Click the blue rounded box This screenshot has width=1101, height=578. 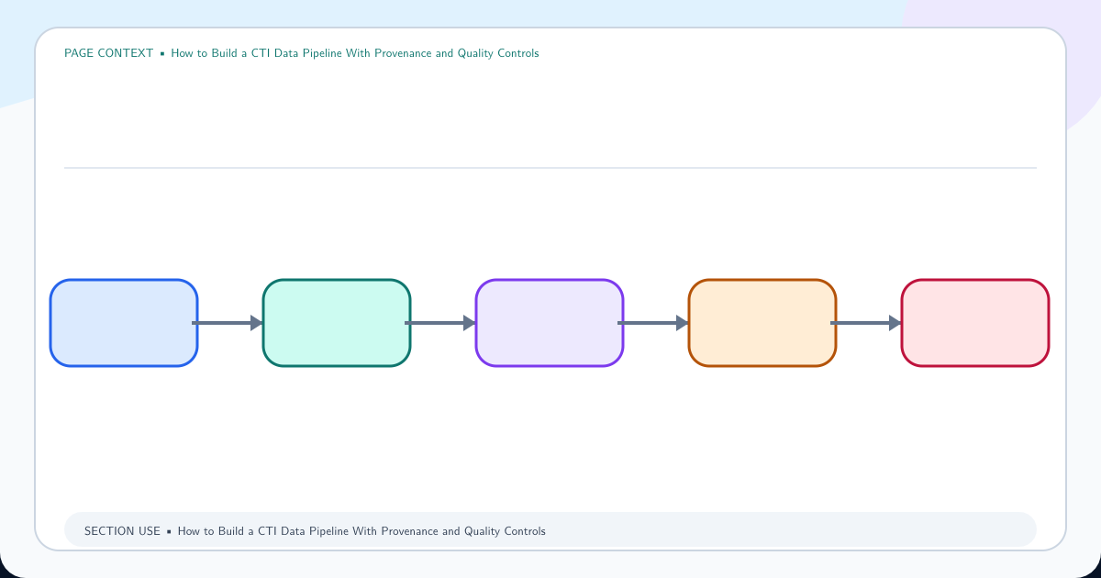tap(124, 323)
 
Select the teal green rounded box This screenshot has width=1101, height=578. tap(337, 323)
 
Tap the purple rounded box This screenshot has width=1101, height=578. tap(550, 323)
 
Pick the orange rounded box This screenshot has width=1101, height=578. tap(762, 323)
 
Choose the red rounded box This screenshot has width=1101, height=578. tap(975, 323)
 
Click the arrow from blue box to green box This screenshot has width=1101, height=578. tap(228, 323)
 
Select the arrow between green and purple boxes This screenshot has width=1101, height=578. tap(440, 323)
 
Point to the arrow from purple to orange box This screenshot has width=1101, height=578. tap(653, 323)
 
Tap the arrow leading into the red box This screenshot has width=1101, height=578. tap(866, 323)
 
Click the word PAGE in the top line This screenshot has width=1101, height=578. tap(79, 53)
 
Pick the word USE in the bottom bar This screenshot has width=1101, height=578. tap(150, 531)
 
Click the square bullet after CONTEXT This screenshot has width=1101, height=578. tap(162, 53)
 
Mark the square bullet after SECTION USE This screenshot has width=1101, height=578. tap(169, 532)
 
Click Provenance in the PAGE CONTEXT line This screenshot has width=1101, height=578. tap(403, 53)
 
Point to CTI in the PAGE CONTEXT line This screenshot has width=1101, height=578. tap(261, 53)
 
